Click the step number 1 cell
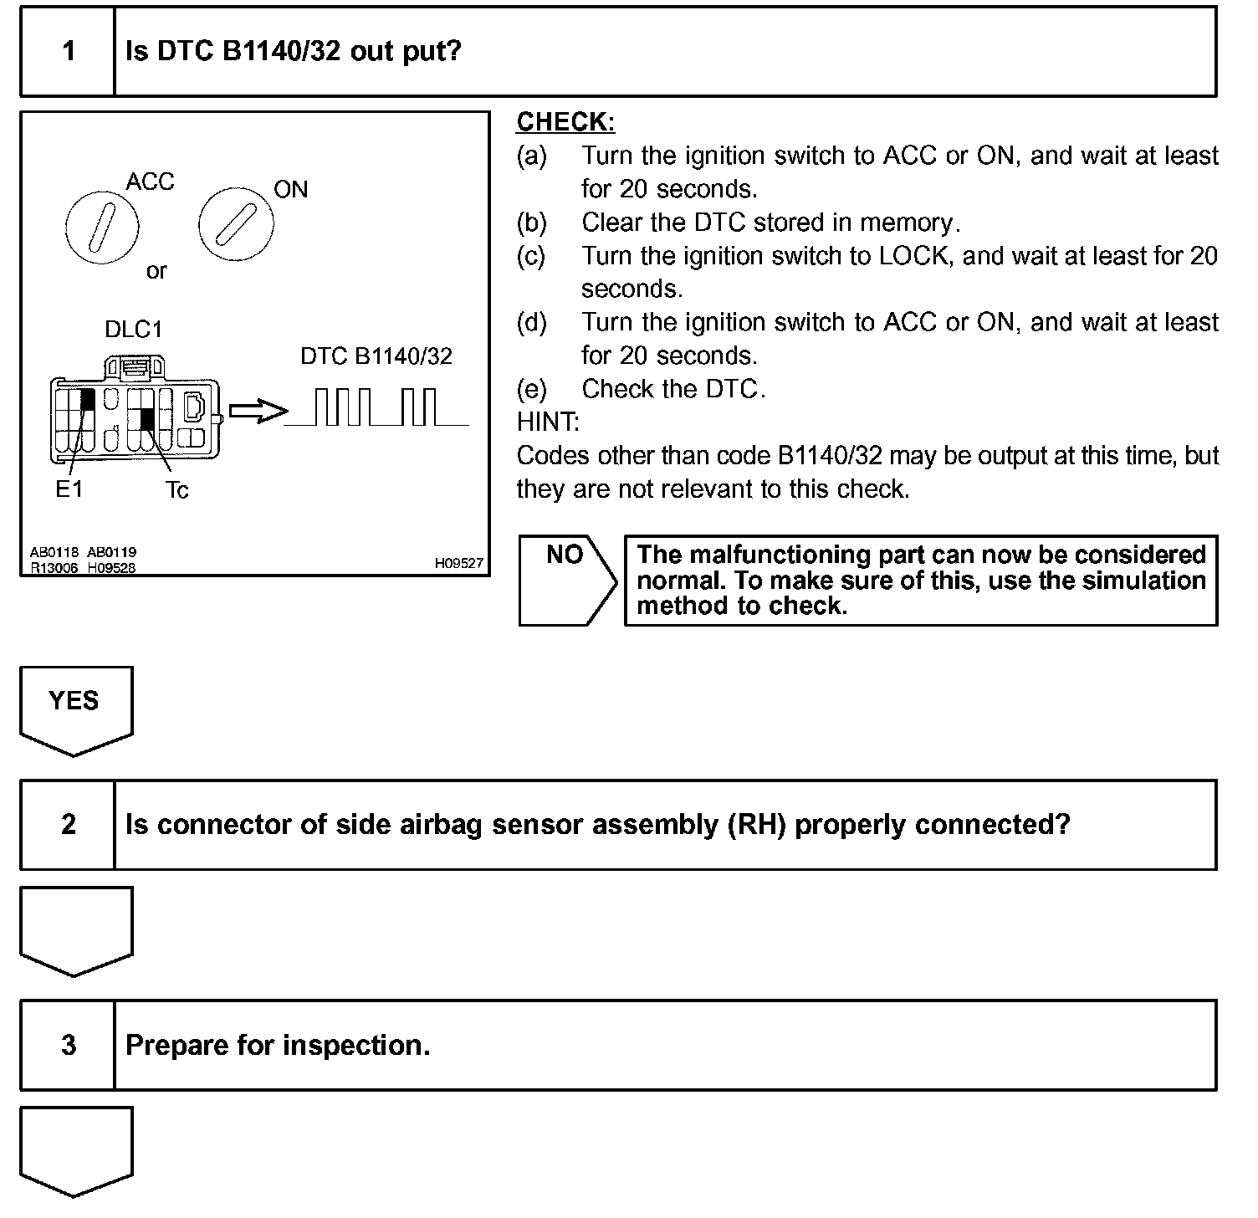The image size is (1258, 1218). click(68, 52)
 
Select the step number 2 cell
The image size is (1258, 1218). click(68, 825)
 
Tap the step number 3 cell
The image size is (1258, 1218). click(68, 1045)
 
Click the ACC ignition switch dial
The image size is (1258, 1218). click(101, 228)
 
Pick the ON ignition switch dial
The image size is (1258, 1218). click(235, 223)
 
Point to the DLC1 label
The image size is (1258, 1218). click(133, 330)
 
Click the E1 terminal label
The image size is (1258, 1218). click(69, 489)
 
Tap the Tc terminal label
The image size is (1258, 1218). click(176, 490)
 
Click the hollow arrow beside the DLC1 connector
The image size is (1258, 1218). click(257, 411)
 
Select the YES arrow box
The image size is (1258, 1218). click(75, 707)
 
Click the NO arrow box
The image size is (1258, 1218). click(567, 580)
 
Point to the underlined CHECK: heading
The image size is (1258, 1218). click(565, 122)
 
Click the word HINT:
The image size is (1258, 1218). click(548, 422)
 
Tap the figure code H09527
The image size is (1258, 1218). click(458, 564)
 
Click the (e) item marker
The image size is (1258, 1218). click(532, 389)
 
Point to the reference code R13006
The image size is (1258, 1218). click(54, 568)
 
